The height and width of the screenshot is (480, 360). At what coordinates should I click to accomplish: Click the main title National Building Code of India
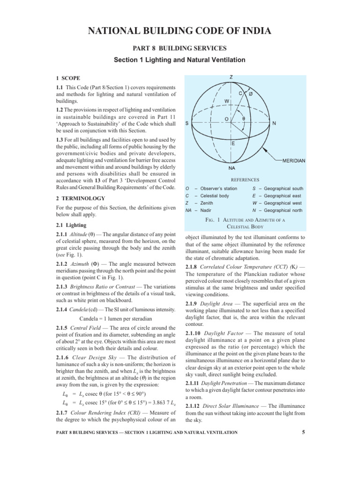point(180,32)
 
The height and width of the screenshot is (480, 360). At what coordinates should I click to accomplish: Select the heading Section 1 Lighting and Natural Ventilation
point(180,60)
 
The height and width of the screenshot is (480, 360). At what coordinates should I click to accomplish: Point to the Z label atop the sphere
point(231,76)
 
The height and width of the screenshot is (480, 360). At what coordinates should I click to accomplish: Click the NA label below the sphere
point(232,167)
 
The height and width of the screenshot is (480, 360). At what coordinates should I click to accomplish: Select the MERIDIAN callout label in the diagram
point(294,160)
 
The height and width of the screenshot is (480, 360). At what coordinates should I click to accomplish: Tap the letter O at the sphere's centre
point(227,119)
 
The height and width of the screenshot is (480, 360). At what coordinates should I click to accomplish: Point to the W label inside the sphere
point(226,101)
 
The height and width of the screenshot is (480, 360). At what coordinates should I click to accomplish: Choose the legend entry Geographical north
point(288,210)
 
